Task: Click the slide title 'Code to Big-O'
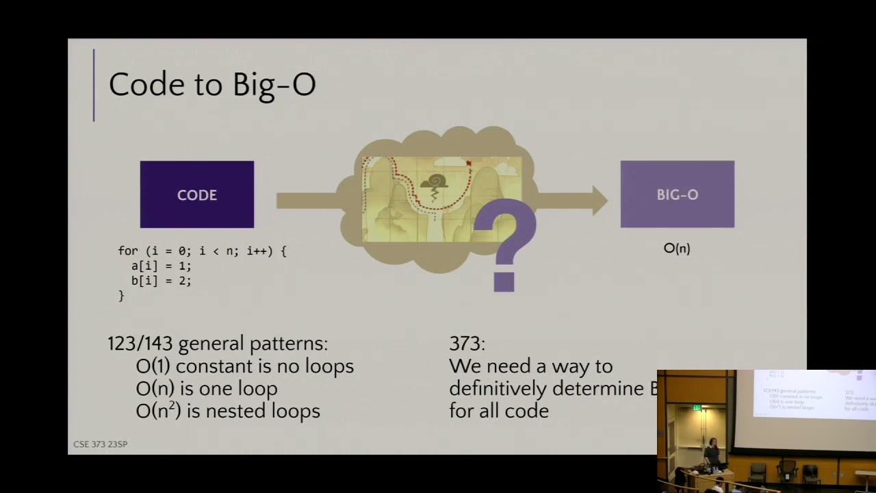point(211,85)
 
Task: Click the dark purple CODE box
point(197,194)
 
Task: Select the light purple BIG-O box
point(677,194)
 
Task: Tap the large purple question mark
point(504,247)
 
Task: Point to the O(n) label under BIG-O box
point(677,249)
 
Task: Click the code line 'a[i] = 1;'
point(162,266)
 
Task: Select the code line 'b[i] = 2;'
point(162,281)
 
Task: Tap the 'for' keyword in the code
point(128,251)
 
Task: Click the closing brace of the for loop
point(122,296)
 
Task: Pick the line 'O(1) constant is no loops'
point(244,366)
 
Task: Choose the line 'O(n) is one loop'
point(206,389)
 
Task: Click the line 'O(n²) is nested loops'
point(227,412)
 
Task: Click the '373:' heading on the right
point(467,344)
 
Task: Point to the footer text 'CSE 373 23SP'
point(101,444)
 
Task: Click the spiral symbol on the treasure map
point(435,182)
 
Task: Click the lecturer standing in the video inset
point(712,451)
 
